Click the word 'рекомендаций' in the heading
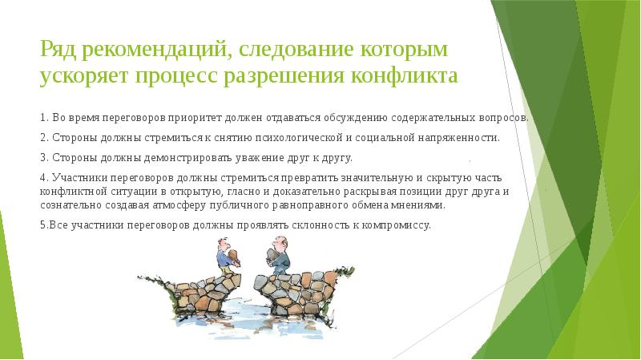click(150, 51)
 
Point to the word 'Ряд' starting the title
click(58, 51)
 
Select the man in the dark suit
click(276, 257)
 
